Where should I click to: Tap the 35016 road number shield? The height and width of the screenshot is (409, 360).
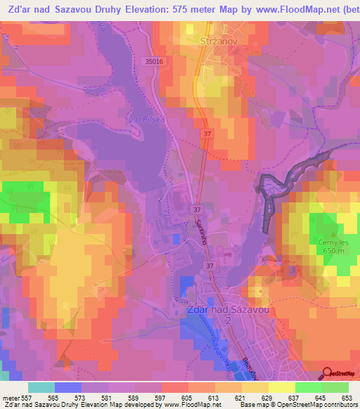155,62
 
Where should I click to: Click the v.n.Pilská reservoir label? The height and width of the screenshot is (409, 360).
146,120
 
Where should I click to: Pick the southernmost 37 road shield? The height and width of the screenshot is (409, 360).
209,266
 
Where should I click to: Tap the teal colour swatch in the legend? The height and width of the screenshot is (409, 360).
41,387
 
